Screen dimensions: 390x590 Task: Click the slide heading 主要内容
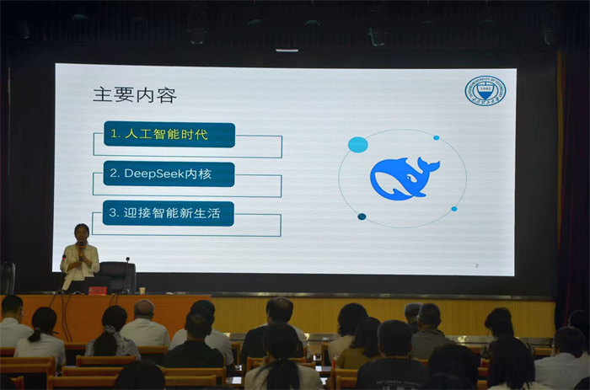(x=135, y=94)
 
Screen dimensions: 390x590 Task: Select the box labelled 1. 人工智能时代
(x=169, y=135)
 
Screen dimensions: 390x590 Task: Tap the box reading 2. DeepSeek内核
(x=169, y=174)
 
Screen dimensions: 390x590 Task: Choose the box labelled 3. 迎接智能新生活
(x=169, y=213)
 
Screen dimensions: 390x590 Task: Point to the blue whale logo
(x=403, y=178)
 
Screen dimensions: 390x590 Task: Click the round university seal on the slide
(x=485, y=91)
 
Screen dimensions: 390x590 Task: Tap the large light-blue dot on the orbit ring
(x=358, y=144)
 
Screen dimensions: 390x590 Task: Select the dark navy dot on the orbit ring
(x=362, y=216)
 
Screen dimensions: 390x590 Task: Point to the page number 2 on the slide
(x=477, y=265)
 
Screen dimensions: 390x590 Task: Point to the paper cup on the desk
(x=112, y=290)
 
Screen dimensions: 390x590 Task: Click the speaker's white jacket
(x=80, y=261)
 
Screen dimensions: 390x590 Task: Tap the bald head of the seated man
(x=144, y=308)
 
